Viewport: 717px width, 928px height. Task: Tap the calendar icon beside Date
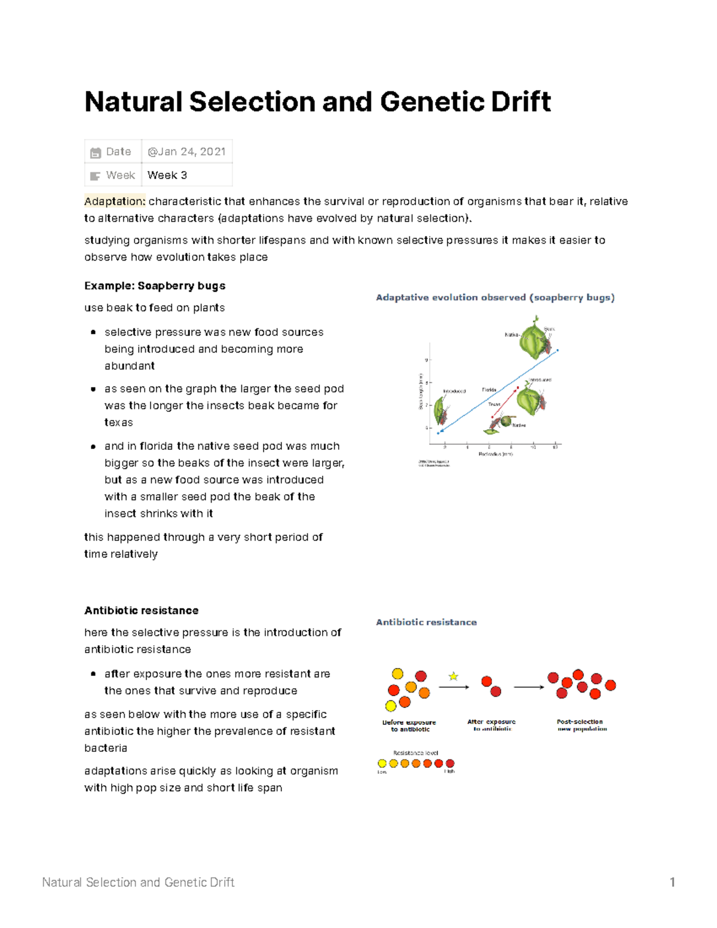96,152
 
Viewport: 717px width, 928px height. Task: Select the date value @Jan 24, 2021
186,152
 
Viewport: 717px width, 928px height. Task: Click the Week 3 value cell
167,175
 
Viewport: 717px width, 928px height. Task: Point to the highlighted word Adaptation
115,201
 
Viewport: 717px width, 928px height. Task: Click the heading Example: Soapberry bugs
155,286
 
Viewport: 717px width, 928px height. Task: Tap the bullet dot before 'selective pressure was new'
93,332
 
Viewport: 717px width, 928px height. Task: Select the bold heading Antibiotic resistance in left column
141,610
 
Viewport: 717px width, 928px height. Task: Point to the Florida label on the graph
489,390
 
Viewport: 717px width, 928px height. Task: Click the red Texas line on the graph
505,402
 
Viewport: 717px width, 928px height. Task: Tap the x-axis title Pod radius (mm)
495,454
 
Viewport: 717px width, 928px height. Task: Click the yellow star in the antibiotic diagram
454,676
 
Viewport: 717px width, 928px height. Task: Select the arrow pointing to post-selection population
529,687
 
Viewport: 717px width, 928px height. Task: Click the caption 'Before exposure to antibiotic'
409,725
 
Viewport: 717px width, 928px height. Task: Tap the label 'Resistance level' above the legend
416,753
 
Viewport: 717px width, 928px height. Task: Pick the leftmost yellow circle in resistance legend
382,763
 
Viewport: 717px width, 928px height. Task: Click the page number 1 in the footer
672,882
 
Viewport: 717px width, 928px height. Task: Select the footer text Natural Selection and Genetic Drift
138,882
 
